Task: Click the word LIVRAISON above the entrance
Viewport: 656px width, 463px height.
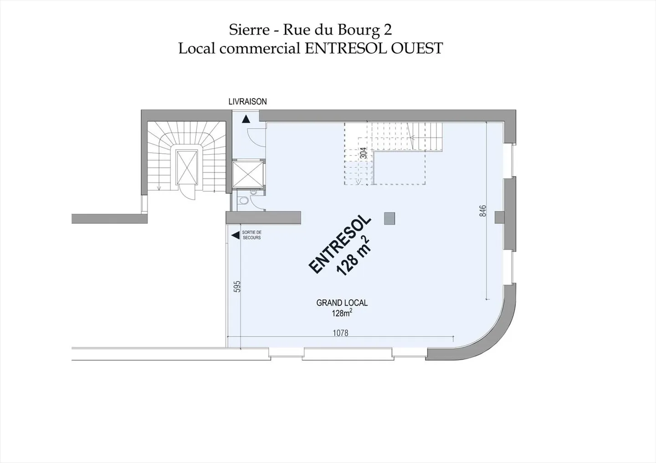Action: (247, 101)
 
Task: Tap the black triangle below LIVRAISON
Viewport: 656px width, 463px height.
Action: (246, 119)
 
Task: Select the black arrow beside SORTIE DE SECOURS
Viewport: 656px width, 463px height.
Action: (236, 235)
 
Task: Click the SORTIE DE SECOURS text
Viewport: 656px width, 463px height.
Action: (251, 235)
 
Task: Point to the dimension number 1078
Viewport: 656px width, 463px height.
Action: (340, 333)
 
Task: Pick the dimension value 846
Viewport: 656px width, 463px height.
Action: (483, 211)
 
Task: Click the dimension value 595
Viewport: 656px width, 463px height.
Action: (237, 286)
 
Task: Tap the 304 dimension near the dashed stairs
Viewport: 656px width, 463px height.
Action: (364, 153)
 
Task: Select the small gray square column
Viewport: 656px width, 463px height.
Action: (389, 219)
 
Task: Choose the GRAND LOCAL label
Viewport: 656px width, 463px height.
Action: (342, 302)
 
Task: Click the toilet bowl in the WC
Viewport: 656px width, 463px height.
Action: (244, 201)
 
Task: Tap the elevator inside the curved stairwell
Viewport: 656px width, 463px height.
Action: (187, 167)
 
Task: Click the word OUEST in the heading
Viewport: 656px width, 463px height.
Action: (417, 48)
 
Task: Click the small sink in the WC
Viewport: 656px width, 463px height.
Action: (254, 192)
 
